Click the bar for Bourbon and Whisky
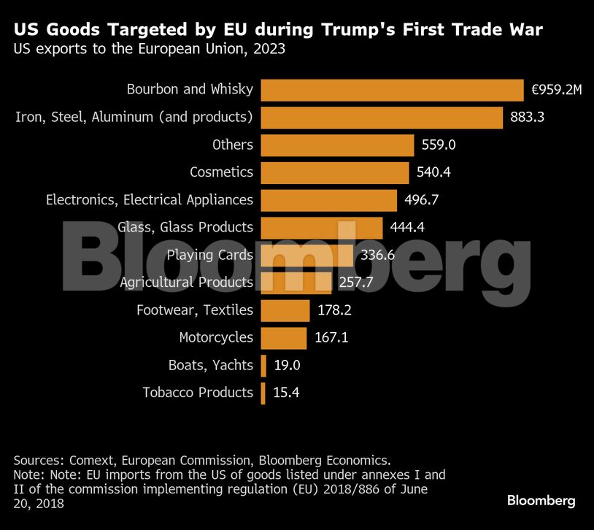click(392, 90)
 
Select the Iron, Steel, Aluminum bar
click(382, 118)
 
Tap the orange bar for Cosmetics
click(334, 173)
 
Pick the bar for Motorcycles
click(283, 338)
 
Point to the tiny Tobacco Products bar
click(263, 393)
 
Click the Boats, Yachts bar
click(263, 365)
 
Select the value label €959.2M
click(557, 90)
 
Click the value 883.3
click(528, 118)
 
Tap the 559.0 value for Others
click(439, 145)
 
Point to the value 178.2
click(335, 310)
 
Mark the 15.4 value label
click(286, 393)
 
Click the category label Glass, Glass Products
click(185, 227)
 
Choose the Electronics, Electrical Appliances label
click(150, 199)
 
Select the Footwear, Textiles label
click(195, 310)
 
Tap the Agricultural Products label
click(187, 283)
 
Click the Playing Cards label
click(210, 255)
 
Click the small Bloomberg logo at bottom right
click(541, 501)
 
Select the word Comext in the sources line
click(91, 460)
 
